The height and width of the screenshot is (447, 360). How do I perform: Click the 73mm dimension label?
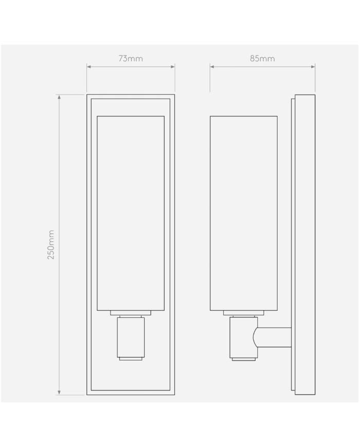pyautogui.click(x=131, y=59)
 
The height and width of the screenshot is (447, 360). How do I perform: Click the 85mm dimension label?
pyautogui.click(x=262, y=59)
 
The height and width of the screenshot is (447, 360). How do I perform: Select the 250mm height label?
pyautogui.click(x=51, y=245)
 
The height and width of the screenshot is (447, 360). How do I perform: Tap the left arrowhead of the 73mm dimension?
pyautogui.click(x=88, y=67)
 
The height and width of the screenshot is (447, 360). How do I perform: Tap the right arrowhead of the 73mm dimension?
pyautogui.click(x=173, y=67)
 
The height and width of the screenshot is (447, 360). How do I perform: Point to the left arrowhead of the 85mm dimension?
pyautogui.click(x=212, y=67)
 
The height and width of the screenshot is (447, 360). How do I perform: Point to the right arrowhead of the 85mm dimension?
pyautogui.click(x=313, y=67)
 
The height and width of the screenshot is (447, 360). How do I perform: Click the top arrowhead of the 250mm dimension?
pyautogui.click(x=59, y=97)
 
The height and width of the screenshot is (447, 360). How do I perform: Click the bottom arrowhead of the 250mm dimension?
pyautogui.click(x=59, y=392)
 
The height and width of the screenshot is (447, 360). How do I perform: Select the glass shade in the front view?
pyautogui.click(x=131, y=213)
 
